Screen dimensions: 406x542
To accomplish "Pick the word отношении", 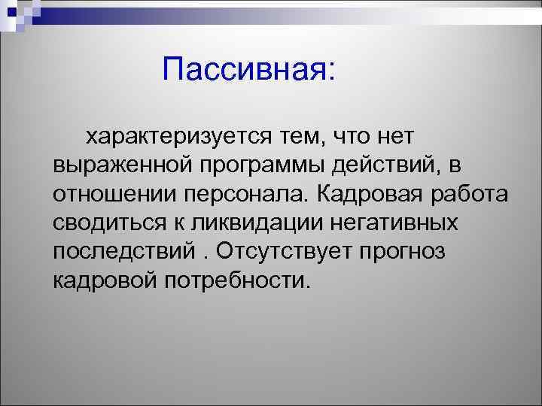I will click(113, 195).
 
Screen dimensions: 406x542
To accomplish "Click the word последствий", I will click(121, 252).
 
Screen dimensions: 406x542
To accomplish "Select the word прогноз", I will click(406, 252).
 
